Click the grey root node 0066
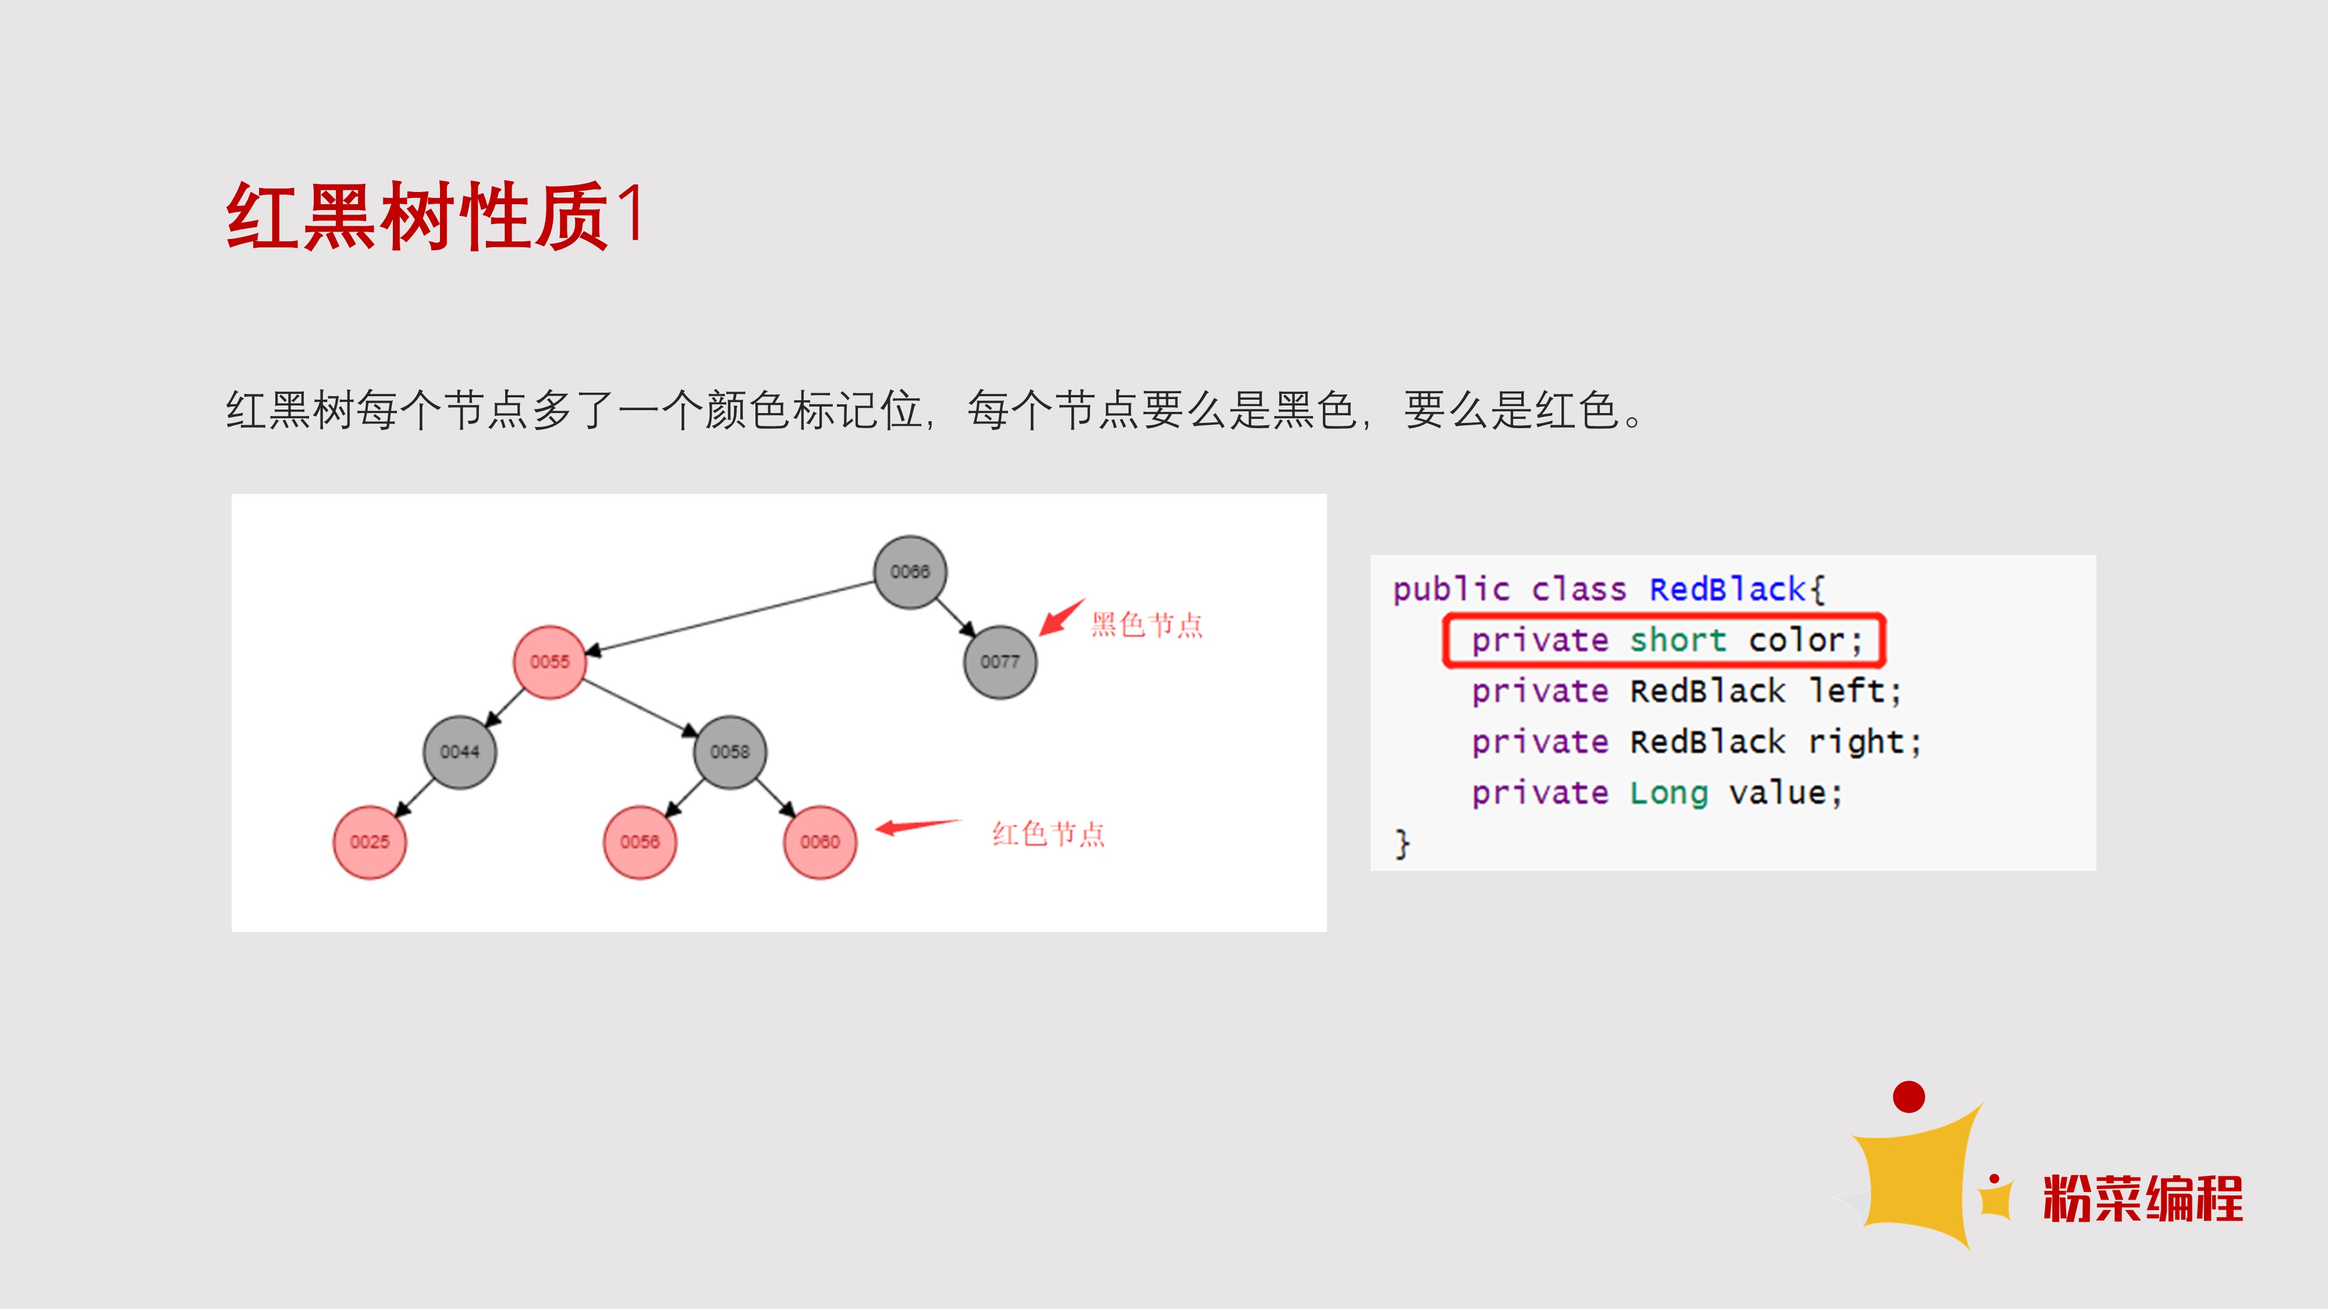[910, 572]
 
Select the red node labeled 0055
[549, 662]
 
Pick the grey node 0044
[459, 752]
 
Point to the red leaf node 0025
[370, 842]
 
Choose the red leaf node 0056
[640, 842]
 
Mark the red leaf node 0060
[819, 842]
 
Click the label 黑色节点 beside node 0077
[1147, 624]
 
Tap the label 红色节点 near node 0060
[1048, 833]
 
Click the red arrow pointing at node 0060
[917, 827]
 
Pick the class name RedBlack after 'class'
[1727, 589]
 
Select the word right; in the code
[1864, 742]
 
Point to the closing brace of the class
[1401, 844]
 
